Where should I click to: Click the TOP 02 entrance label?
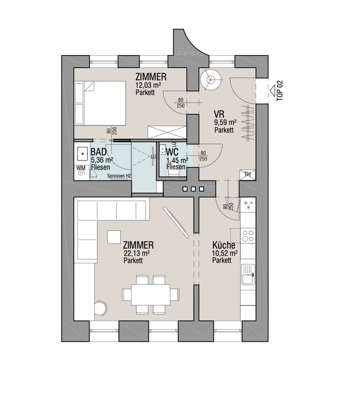(280, 91)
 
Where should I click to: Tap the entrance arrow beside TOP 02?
(272, 90)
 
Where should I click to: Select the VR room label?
(219, 114)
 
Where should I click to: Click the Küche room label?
(224, 245)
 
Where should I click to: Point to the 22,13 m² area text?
(137, 253)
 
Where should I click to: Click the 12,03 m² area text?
(148, 85)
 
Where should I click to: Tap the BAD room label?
(98, 152)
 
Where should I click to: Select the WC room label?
(172, 152)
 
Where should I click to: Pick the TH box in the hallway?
(247, 175)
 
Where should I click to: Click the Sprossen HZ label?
(119, 176)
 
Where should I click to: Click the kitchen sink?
(248, 274)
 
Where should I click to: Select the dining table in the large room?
(151, 294)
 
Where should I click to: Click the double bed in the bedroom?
(100, 103)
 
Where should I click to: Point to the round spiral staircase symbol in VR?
(210, 80)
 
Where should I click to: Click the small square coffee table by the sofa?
(114, 237)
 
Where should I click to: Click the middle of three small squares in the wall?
(193, 189)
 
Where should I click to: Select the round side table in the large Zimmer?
(101, 307)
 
